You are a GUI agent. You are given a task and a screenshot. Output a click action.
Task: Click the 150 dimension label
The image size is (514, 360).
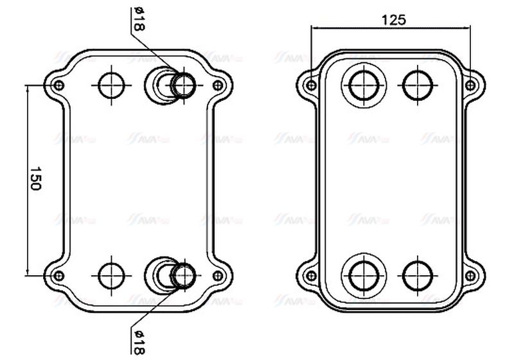click(x=35, y=179)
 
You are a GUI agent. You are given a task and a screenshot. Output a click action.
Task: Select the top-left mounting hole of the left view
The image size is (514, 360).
click(x=58, y=85)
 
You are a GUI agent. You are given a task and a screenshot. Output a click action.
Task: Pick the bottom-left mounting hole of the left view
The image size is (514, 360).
click(x=58, y=276)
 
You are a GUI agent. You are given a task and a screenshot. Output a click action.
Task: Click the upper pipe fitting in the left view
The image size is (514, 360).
click(x=184, y=84)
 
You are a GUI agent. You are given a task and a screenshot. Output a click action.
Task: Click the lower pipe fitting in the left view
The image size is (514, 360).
click(x=184, y=275)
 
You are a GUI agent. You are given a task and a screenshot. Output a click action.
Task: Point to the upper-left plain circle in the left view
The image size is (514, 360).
click(x=112, y=84)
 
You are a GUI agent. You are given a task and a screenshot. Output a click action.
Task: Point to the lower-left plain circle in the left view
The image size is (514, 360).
click(x=112, y=275)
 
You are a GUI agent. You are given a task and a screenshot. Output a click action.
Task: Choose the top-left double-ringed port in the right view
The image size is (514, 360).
click(x=364, y=84)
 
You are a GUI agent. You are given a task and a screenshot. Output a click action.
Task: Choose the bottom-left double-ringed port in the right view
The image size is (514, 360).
click(x=364, y=275)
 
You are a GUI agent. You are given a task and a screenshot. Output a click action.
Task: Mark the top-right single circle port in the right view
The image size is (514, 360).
click(x=416, y=84)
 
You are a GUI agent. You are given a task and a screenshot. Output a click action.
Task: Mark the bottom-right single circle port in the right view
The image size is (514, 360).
click(x=416, y=275)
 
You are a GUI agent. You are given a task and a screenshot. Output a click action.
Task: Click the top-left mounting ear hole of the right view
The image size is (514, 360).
click(x=312, y=85)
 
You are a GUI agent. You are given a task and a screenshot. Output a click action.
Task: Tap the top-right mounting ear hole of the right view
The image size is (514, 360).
click(x=470, y=85)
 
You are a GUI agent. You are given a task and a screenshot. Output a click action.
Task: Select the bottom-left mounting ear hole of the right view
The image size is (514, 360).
click(x=312, y=276)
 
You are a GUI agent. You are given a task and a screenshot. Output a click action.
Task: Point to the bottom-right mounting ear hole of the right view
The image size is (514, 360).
click(x=470, y=276)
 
